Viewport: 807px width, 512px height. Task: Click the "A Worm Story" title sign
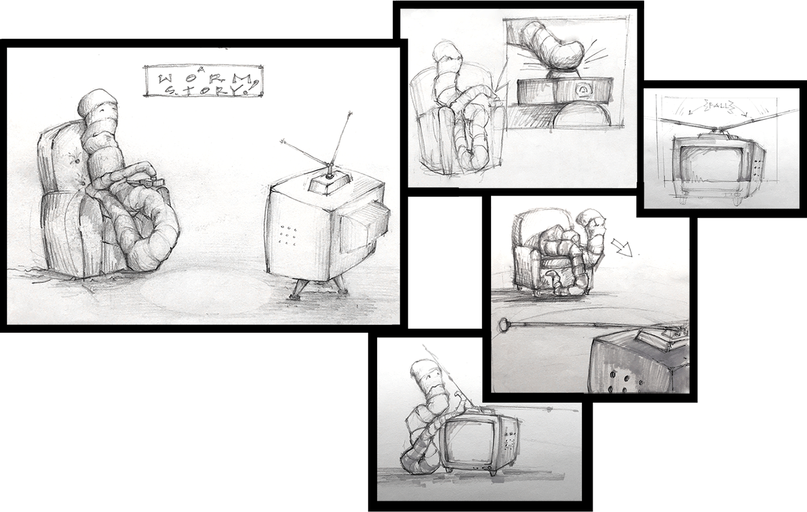[202, 81]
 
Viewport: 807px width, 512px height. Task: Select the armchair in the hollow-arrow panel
[532, 250]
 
